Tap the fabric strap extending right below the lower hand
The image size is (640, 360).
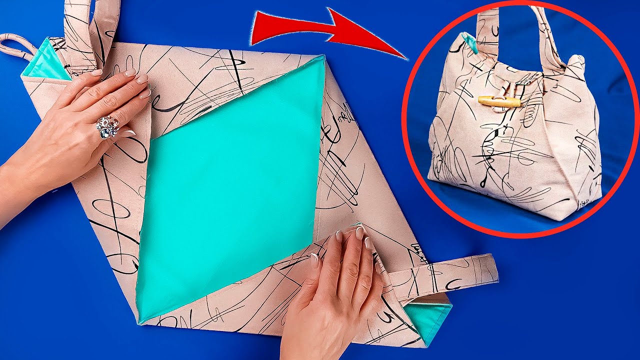coord(450,272)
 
